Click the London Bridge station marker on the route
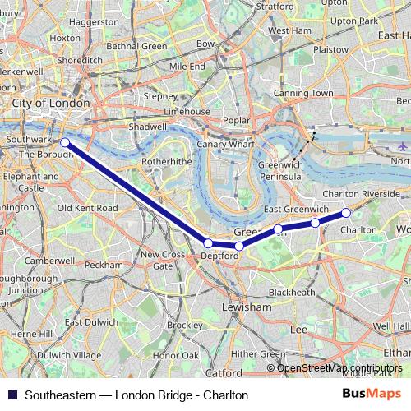[65, 143]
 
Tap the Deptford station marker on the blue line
[208, 243]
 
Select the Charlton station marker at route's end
[346, 213]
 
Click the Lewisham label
[247, 307]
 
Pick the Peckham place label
[104, 266]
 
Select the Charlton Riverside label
[362, 194]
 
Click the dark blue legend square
[11, 395]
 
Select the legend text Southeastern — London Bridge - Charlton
[136, 395]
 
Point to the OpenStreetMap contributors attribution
[339, 367]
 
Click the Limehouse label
[187, 111]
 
